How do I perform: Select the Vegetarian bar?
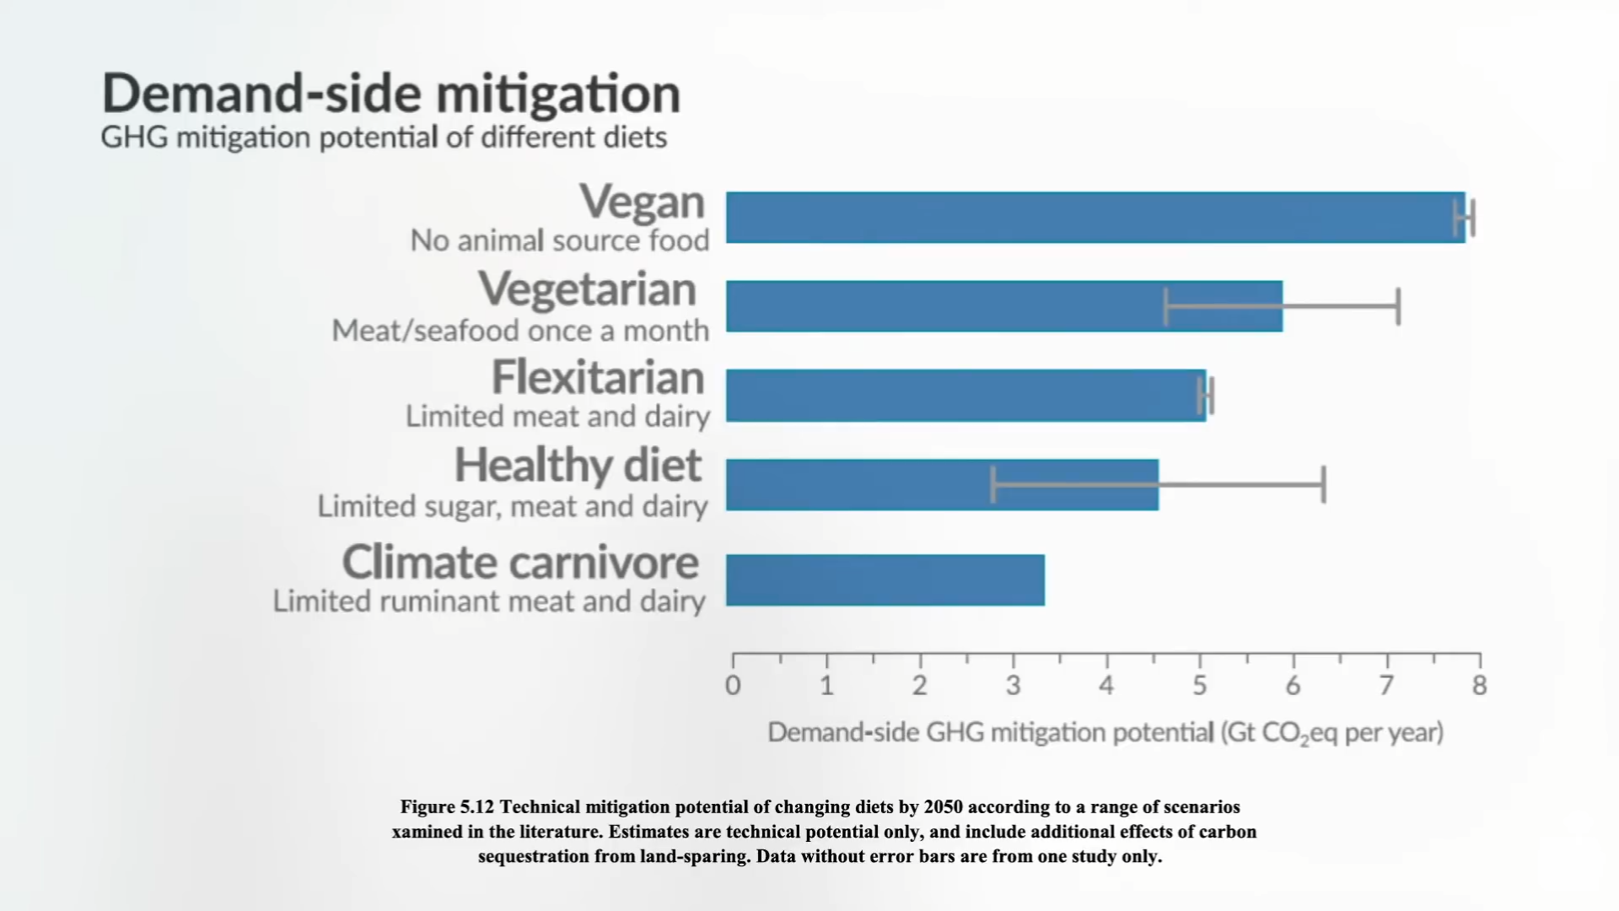click(1003, 306)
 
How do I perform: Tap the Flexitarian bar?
click(965, 396)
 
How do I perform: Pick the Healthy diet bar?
click(942, 485)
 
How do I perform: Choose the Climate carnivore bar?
click(885, 580)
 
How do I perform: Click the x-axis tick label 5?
click(1199, 686)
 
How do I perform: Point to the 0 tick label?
click(733, 686)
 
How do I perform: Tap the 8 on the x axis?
click(1479, 686)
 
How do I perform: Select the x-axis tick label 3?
click(1013, 686)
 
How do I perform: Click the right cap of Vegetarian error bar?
click(1398, 306)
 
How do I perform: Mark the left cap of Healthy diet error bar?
click(993, 485)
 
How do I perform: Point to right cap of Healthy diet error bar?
click(1323, 485)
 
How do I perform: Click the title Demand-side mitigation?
click(390, 93)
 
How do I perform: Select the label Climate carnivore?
click(520, 563)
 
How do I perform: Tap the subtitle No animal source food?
click(559, 241)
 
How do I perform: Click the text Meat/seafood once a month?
click(520, 331)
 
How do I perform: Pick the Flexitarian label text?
click(597, 377)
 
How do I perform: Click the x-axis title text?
click(1105, 732)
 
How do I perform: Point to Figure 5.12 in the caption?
click(447, 807)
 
